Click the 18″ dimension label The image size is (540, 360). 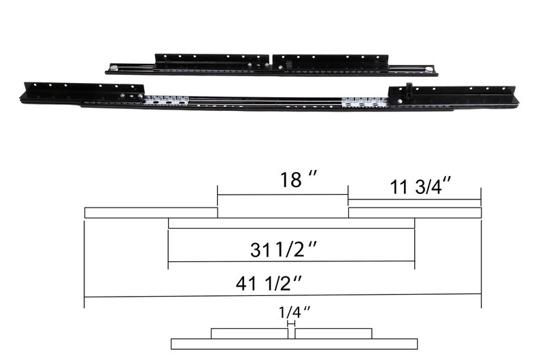pyautogui.click(x=299, y=180)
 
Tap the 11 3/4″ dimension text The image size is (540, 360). pyautogui.click(x=417, y=187)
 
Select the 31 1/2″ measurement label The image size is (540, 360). pyautogui.click(x=284, y=250)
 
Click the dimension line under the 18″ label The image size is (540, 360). pyautogui.click(x=282, y=195)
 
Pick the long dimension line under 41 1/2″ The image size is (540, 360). pyautogui.click(x=282, y=295)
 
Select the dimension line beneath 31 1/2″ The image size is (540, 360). pyautogui.click(x=291, y=261)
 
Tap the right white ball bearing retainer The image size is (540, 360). pyautogui.click(x=365, y=103)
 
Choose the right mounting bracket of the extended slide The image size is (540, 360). pyautogui.click(x=452, y=95)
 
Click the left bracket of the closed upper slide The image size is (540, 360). pyautogui.click(x=212, y=61)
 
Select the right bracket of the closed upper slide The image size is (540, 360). pyautogui.click(x=330, y=62)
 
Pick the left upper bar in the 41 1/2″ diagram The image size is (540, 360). pyautogui.click(x=150, y=212)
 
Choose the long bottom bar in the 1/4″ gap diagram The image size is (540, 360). pyautogui.click(x=294, y=344)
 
